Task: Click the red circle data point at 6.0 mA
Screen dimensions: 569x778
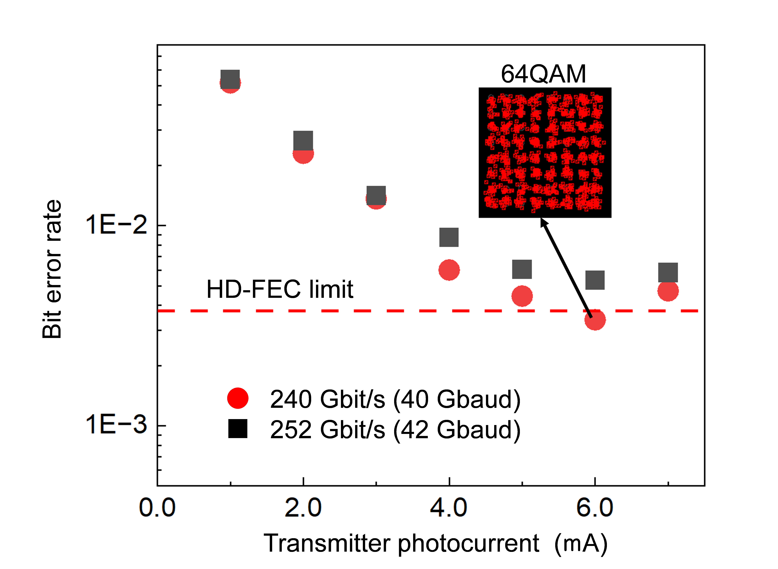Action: click(x=595, y=320)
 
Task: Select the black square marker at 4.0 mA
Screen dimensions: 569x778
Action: click(x=449, y=237)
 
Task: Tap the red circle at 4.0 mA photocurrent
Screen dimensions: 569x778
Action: click(x=449, y=270)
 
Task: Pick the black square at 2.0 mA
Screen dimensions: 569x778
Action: click(x=303, y=141)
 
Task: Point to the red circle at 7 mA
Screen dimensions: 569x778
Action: click(x=668, y=291)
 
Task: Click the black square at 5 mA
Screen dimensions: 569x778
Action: click(x=522, y=269)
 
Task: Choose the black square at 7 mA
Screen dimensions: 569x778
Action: click(x=668, y=272)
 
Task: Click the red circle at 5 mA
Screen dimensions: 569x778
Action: click(x=522, y=296)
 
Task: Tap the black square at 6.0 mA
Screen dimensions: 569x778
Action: click(x=595, y=280)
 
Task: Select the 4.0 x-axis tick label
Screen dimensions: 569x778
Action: click(x=449, y=508)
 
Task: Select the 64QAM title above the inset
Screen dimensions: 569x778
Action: click(x=543, y=74)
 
